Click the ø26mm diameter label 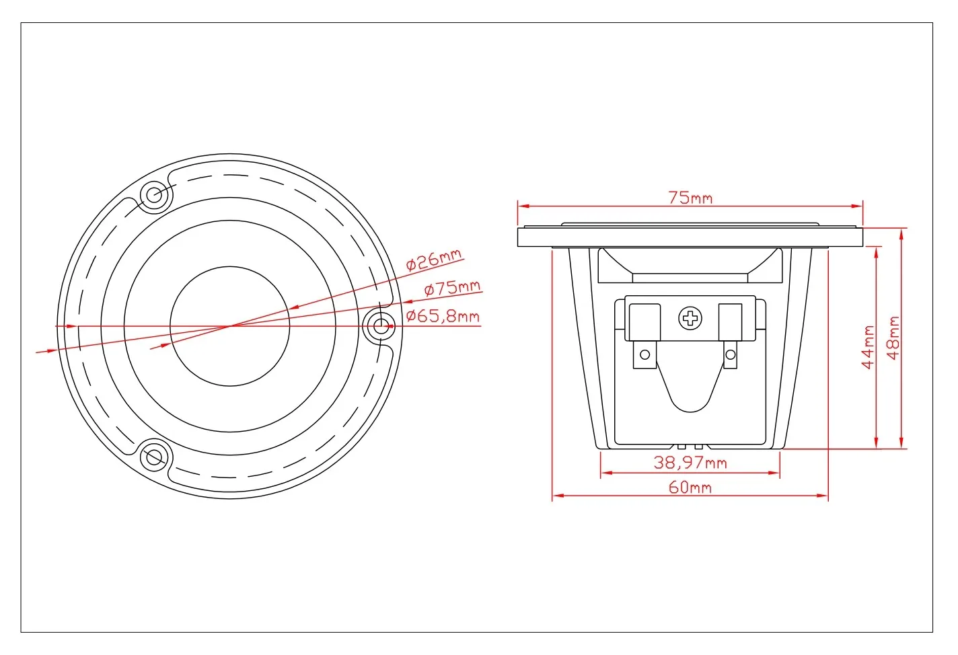tap(434, 260)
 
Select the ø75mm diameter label tap(453, 288)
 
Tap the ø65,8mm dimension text tap(443, 316)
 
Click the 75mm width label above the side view tap(690, 198)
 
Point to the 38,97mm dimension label tap(690, 463)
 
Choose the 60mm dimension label tap(690, 488)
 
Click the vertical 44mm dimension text tap(868, 347)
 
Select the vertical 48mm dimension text tap(893, 338)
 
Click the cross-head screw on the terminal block tap(690, 319)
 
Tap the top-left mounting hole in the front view tap(154, 195)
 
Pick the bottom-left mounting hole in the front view tap(154, 457)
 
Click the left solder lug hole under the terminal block tap(645, 354)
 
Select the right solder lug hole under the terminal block tap(731, 354)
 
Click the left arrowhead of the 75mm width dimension tap(523, 206)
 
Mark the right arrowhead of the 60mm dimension tap(823, 496)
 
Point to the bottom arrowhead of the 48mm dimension tap(901, 443)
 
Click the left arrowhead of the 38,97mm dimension tap(606, 473)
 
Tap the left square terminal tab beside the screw tap(644, 322)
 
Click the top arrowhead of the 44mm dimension tap(877, 252)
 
